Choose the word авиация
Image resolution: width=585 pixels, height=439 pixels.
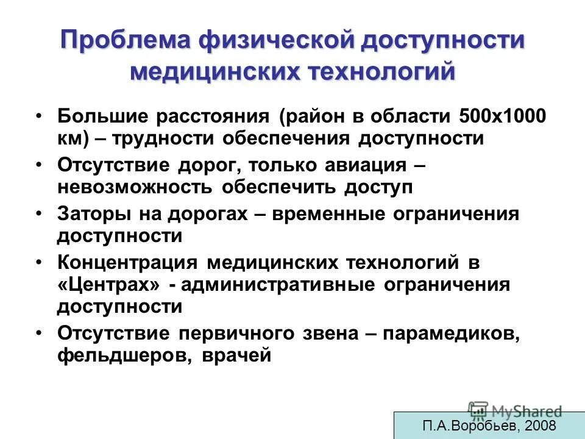tap(360, 165)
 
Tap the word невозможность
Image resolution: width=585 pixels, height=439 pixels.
tap(134, 187)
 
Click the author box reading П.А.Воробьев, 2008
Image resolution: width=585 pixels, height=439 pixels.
tap(489, 426)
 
